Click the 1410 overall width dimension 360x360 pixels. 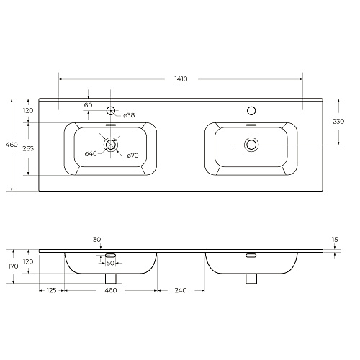(x=181, y=79)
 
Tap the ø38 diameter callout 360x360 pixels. (x=129, y=115)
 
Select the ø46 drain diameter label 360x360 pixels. (x=91, y=153)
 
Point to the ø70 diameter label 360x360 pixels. (x=132, y=156)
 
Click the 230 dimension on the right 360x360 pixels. (x=338, y=122)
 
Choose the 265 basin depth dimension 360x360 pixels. (x=28, y=148)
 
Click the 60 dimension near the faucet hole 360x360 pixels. (x=88, y=105)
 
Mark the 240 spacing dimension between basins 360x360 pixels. (x=181, y=290)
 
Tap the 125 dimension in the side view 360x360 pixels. (x=51, y=290)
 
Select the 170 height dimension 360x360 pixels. (x=13, y=266)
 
